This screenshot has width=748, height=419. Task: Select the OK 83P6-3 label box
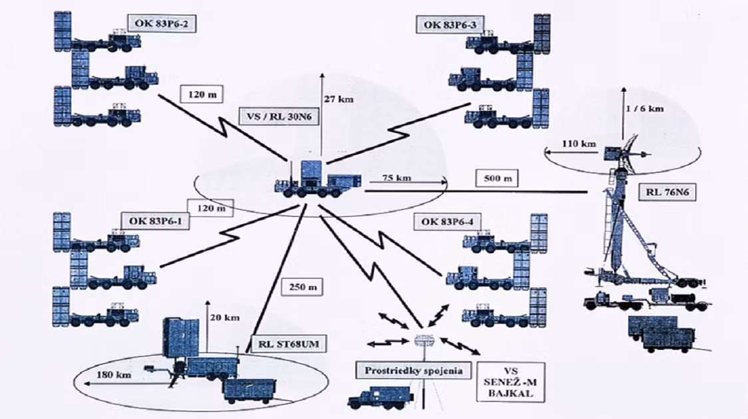click(x=450, y=25)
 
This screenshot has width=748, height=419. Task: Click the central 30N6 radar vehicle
click(x=318, y=180)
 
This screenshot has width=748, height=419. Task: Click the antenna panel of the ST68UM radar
click(x=182, y=339)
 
